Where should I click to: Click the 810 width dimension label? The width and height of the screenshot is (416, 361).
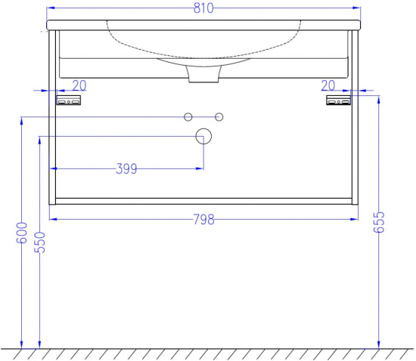coord(203,8)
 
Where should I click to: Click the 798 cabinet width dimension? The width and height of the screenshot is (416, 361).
coord(203,220)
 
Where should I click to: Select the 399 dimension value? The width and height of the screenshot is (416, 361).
coord(126,168)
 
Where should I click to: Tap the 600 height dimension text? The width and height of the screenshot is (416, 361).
coord(22,233)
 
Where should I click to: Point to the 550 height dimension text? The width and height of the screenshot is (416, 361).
coord(40,242)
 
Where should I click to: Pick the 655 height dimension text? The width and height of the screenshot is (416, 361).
coord(379,222)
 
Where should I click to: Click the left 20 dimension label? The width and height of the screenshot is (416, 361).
coord(79,85)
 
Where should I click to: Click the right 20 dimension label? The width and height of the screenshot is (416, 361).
coord(328,85)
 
